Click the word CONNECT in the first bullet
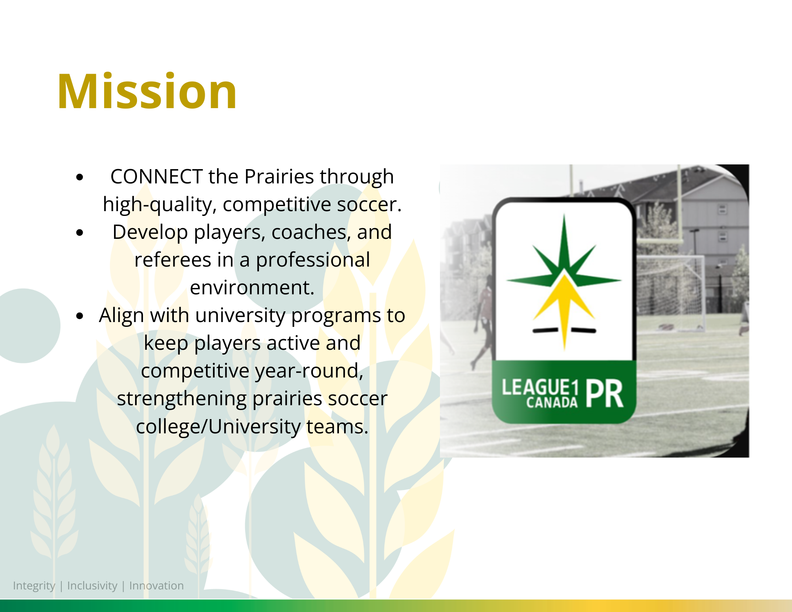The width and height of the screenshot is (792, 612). tap(156, 177)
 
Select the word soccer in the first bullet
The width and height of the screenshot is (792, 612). tap(369, 204)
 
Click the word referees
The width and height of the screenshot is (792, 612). tap(173, 260)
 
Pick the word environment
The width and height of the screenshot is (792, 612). tap(252, 288)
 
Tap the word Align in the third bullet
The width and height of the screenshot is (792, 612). tap(122, 316)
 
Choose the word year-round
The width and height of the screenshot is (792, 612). tap(309, 371)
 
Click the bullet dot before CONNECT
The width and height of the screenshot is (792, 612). tap(80, 177)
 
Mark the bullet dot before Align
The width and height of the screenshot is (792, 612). tap(80, 316)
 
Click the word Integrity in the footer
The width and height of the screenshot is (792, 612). tap(34, 586)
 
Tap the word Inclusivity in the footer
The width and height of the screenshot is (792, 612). tap(92, 586)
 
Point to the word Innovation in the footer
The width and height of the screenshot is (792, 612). tap(156, 586)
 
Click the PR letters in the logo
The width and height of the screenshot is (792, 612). tap(604, 394)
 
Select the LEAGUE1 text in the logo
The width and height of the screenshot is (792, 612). tap(540, 387)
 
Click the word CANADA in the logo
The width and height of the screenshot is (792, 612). tap(552, 403)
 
